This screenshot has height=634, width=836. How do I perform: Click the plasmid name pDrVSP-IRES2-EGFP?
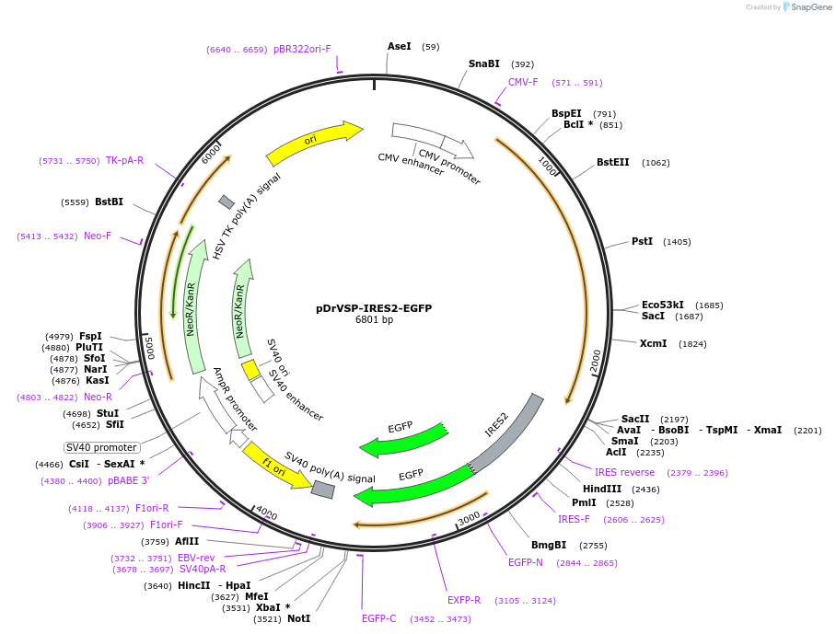[x=374, y=308]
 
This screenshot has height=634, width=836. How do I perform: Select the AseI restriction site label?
[x=400, y=46]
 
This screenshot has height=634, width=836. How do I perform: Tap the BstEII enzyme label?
[x=613, y=162]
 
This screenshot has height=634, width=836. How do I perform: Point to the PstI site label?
[x=642, y=241]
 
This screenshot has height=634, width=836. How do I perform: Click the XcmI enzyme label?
[x=655, y=343]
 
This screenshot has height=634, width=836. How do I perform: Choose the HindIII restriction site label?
[x=602, y=489]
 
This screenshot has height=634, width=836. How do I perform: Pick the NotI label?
[x=299, y=618]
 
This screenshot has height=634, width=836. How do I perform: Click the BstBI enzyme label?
[x=109, y=202]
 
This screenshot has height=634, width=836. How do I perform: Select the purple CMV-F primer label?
[x=523, y=82]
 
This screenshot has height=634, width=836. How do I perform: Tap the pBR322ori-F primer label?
[x=302, y=49]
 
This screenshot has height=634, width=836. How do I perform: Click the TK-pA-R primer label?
[x=125, y=160]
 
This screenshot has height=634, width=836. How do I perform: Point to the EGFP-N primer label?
[x=526, y=562]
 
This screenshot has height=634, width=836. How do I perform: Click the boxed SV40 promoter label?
[x=101, y=447]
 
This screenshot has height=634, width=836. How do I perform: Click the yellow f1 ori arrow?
[x=276, y=466]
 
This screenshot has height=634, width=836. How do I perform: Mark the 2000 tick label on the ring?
[x=596, y=360]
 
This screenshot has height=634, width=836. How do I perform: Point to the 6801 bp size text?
[x=374, y=320]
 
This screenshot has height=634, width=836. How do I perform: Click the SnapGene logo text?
[x=810, y=7]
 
